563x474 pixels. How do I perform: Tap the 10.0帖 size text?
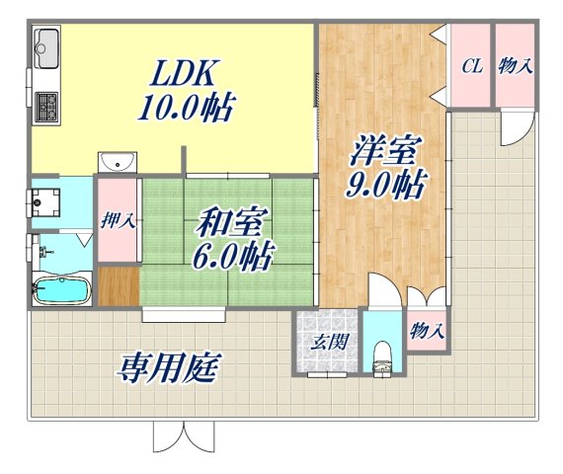tap(185, 106)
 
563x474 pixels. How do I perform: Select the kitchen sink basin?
tap(45, 45)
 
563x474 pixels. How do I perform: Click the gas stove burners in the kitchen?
tap(46, 103)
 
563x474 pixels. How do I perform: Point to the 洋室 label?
tap(385, 153)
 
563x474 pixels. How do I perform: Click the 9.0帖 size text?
tap(386, 185)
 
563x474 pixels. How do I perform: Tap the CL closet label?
tap(471, 66)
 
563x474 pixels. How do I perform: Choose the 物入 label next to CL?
tap(515, 66)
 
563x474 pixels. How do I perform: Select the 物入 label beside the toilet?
tap(426, 332)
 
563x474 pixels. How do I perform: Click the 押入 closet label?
tap(118, 219)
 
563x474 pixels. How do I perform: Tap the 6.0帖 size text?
tap(232, 256)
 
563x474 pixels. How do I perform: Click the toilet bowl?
tap(382, 356)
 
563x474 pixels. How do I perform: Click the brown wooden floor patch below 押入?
tap(118, 285)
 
